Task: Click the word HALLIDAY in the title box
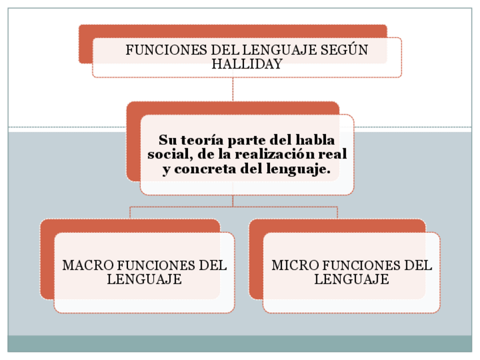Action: [247, 64]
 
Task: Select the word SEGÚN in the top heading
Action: [345, 50]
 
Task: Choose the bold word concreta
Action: [205, 169]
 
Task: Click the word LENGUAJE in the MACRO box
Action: [144, 279]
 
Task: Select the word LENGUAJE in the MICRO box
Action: [352, 279]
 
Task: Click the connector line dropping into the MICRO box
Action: [337, 213]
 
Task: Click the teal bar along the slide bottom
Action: [240, 344]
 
